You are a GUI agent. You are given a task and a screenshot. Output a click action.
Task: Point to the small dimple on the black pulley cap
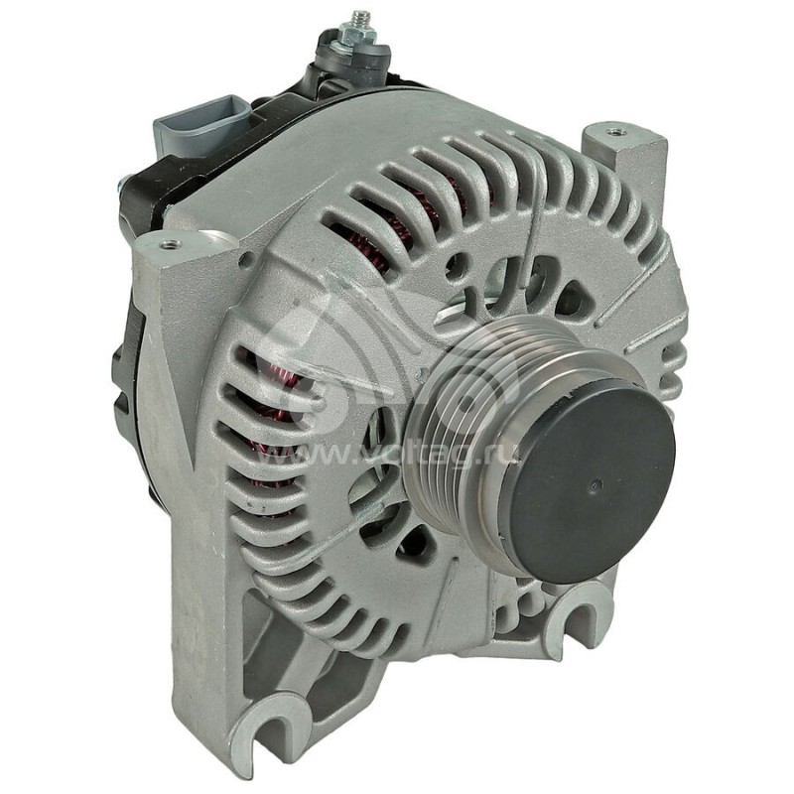[595, 485]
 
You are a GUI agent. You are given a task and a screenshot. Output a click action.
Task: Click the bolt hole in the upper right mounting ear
[616, 130]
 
